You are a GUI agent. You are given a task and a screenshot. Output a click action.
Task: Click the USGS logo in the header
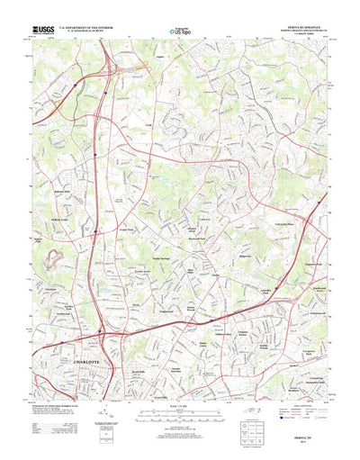pyautogui.click(x=41, y=30)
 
